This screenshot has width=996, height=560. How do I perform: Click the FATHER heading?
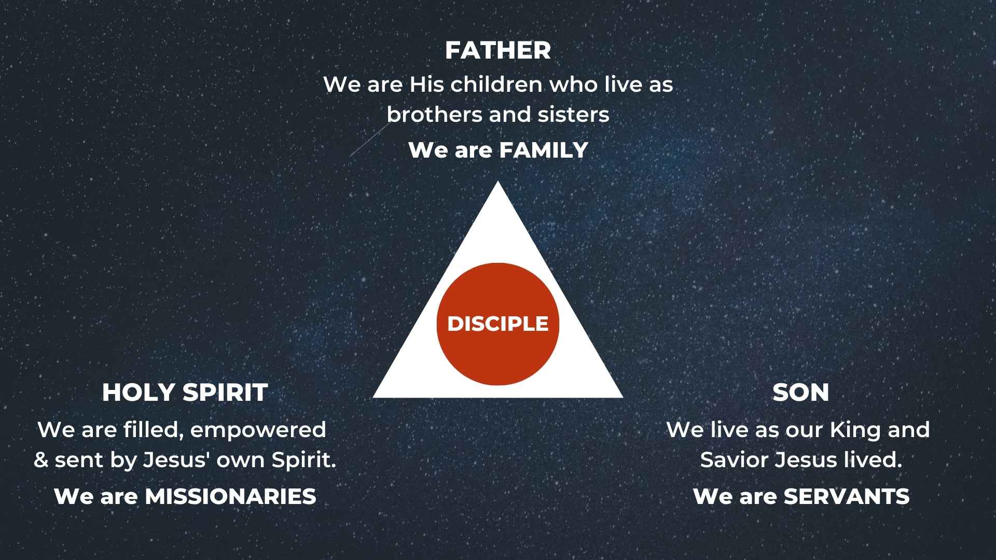coord(498,50)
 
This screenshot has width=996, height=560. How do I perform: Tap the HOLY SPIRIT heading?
coord(185,393)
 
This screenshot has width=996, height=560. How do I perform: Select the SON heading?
coord(800,393)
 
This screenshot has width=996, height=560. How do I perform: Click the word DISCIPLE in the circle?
coord(498,324)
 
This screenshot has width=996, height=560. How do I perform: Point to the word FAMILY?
coord(543,150)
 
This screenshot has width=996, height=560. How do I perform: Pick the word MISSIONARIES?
coord(230,497)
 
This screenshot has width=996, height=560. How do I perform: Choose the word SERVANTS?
coord(847,497)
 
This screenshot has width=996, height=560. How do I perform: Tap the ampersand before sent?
coord(41,460)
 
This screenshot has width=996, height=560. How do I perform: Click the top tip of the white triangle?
coord(498,181)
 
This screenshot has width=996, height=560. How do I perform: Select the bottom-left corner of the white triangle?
coord(374,397)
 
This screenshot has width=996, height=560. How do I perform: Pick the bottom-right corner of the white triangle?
coord(622,397)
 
